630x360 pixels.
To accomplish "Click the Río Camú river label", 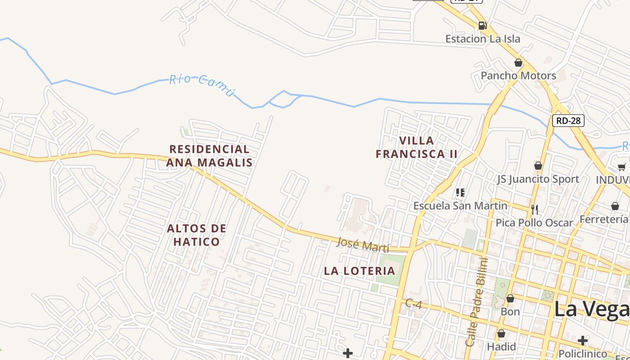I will [x=202, y=85].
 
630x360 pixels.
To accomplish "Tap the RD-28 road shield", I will [x=568, y=120].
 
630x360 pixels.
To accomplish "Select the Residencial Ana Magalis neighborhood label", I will [x=209, y=156].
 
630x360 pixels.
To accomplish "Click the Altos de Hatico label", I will [x=197, y=235].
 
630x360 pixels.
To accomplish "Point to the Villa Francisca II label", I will [x=417, y=147].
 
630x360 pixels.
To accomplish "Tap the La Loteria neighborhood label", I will [x=360, y=271].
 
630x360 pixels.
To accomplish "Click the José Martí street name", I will [x=362, y=245].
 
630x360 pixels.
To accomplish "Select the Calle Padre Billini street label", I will [x=477, y=301].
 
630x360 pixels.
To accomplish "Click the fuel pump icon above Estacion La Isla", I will [x=482, y=26].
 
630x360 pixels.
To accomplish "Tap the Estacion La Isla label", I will [x=482, y=39].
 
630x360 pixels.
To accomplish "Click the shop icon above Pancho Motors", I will [x=518, y=63].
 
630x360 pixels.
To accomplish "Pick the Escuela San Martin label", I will [x=460, y=206].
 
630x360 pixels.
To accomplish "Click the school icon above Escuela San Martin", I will [x=460, y=193].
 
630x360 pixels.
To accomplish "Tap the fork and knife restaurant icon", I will [x=534, y=209].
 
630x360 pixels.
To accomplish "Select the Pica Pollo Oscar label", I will [x=534, y=223].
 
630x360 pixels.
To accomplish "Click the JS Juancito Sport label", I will [x=538, y=179].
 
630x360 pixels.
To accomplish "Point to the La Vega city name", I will [x=591, y=310].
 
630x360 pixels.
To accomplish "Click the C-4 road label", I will [x=413, y=304].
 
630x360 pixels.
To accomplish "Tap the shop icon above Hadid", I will [x=501, y=333].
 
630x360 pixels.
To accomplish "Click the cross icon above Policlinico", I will [x=583, y=340].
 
